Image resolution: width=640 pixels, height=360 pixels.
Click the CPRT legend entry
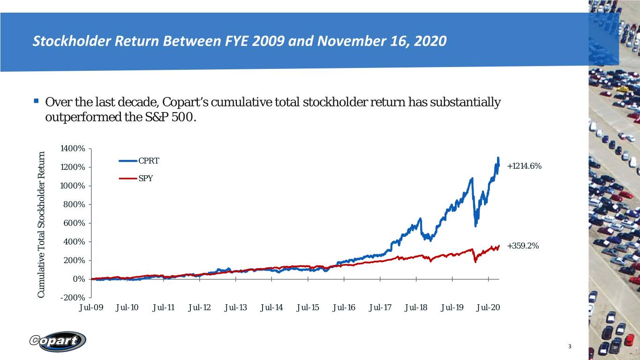pyautogui.click(x=139, y=161)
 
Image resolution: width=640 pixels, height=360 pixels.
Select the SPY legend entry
pyautogui.click(x=136, y=178)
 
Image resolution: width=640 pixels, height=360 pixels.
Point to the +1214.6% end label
pyautogui.click(x=524, y=166)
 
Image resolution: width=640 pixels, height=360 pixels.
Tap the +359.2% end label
pyautogui.click(x=523, y=246)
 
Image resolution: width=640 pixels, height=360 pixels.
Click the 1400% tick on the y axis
pyautogui.click(x=73, y=149)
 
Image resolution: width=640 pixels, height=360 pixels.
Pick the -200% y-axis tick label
pyautogui.click(x=73, y=298)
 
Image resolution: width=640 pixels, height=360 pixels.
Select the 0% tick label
pyautogui.click(x=79, y=279)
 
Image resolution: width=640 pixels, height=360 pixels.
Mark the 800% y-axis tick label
pyautogui.click(x=74, y=204)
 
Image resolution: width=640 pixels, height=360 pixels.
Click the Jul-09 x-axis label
pyautogui.click(x=91, y=307)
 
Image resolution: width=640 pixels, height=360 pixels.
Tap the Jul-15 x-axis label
pyautogui.click(x=308, y=307)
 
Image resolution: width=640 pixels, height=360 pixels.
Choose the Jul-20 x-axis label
pyautogui.click(x=488, y=307)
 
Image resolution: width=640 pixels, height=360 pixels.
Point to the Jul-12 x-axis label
pyautogui.click(x=199, y=307)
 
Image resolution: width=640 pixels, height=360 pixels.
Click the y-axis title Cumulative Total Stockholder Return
pyautogui.click(x=41, y=225)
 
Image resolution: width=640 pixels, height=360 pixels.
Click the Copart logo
pyautogui.click(x=58, y=341)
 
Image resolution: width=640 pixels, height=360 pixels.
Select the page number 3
pyautogui.click(x=570, y=346)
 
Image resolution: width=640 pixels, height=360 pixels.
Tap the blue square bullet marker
pyautogui.click(x=36, y=101)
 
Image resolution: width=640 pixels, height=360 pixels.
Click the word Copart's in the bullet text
pyautogui.click(x=185, y=102)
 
